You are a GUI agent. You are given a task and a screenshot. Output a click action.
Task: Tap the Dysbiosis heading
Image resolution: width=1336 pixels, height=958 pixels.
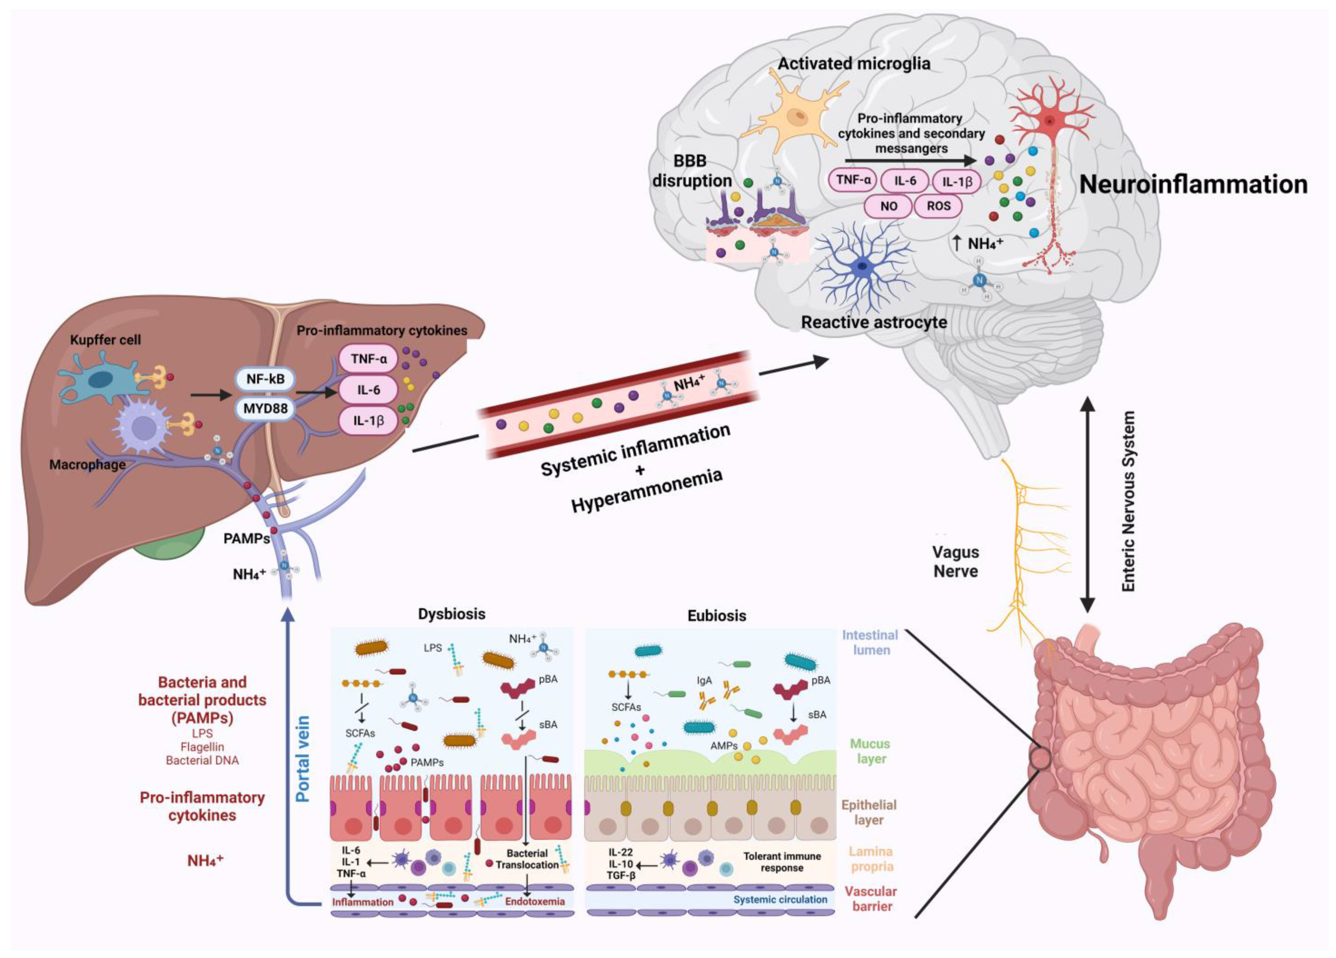coord(452,614)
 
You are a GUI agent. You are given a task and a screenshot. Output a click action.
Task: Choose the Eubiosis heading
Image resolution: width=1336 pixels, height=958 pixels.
coord(717,616)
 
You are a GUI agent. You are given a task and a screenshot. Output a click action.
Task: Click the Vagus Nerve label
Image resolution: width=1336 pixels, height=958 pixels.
coord(956,561)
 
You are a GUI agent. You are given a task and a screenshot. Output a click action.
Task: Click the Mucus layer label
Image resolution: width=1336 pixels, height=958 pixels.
coord(870,751)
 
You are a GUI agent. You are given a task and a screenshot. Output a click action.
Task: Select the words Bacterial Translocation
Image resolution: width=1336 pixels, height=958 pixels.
coord(527,859)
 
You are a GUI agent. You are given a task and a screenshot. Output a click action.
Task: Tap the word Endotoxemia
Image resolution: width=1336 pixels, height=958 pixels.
coord(535,901)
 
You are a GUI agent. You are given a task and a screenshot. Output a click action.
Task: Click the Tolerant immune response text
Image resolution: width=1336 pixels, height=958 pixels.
coord(782,862)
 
